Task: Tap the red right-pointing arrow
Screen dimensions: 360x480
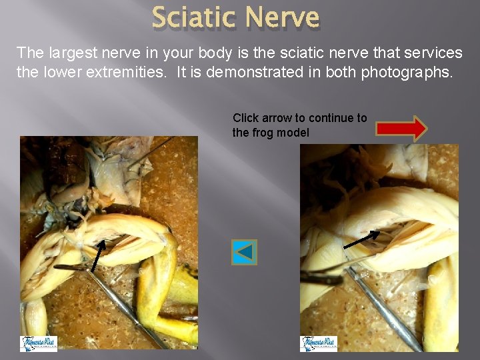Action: pyautogui.click(x=401, y=128)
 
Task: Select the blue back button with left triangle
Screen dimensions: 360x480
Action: pyautogui.click(x=244, y=252)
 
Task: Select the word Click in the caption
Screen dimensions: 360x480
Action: pyautogui.click(x=245, y=118)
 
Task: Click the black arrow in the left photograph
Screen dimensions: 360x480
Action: pyautogui.click(x=97, y=256)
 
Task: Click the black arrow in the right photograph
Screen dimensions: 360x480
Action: pyautogui.click(x=361, y=239)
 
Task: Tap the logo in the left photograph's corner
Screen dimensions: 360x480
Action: pyautogui.click(x=39, y=343)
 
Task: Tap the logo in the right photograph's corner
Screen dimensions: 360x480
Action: pyautogui.click(x=319, y=343)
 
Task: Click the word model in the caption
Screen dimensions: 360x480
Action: pyautogui.click(x=294, y=133)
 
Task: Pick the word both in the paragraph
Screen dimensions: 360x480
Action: pyautogui.click(x=339, y=72)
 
